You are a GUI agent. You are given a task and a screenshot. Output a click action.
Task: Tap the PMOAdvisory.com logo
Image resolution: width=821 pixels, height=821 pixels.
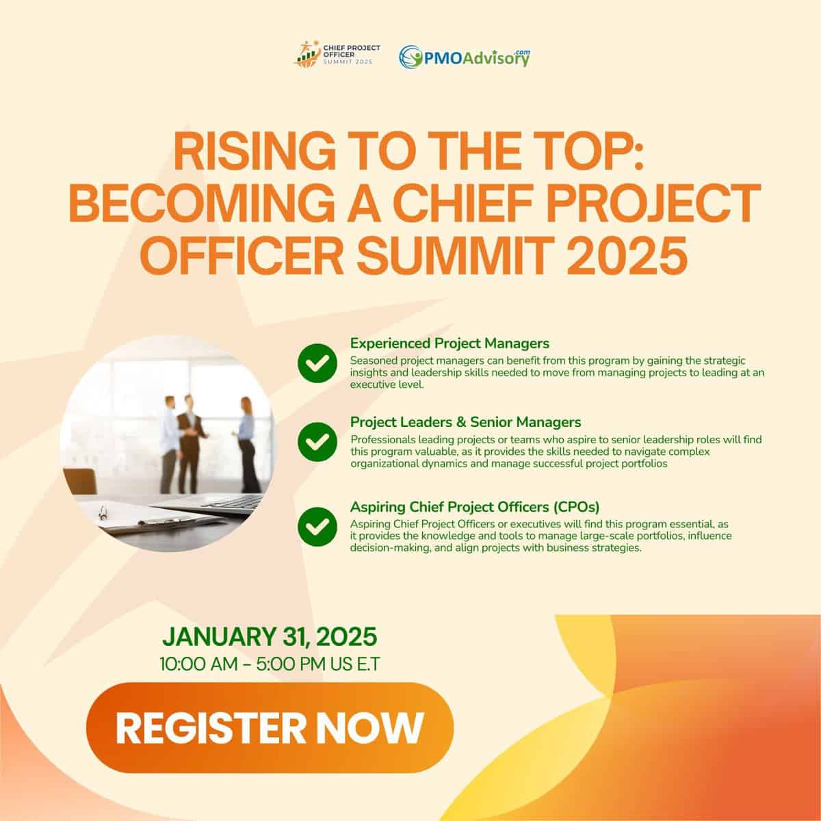[x=465, y=57]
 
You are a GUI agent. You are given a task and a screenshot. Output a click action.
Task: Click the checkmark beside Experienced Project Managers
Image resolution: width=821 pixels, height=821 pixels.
[x=317, y=363]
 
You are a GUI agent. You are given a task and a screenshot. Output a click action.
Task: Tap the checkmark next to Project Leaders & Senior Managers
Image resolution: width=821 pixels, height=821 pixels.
[x=317, y=441]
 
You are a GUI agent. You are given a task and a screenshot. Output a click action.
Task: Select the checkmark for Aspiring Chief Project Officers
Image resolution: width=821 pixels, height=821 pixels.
[x=317, y=527]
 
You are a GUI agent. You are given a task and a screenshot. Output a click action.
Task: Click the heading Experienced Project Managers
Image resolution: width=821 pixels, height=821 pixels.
[x=449, y=343]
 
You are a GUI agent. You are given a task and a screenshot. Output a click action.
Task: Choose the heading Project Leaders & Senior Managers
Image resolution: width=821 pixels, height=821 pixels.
[x=465, y=422]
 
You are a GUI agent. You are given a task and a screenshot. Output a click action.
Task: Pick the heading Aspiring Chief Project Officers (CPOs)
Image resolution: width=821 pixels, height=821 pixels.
[x=475, y=507]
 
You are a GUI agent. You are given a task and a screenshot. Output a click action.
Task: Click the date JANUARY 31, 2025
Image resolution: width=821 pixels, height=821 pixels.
[x=270, y=636]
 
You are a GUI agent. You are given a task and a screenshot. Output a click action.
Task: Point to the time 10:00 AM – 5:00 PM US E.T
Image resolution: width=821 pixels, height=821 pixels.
[x=270, y=664]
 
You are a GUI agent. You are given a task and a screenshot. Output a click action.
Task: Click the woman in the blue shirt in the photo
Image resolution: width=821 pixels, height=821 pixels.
[x=248, y=444]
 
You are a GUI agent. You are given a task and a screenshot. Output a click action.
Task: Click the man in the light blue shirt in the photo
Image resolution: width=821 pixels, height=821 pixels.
[x=170, y=445]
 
